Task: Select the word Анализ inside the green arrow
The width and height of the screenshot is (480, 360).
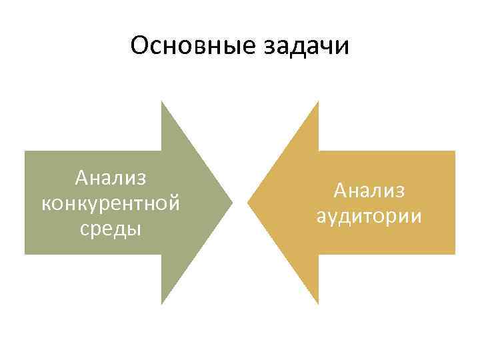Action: [x=111, y=179]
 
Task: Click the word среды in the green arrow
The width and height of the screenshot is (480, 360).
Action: [x=111, y=229]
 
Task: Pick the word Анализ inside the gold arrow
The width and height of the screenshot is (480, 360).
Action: [x=369, y=191]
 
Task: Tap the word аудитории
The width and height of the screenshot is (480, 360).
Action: [x=369, y=217]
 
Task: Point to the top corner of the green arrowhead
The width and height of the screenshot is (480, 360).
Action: [x=162, y=101]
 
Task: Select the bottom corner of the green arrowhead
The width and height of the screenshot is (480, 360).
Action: [x=162, y=304]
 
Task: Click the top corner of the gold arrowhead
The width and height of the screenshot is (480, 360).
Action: [x=319, y=101]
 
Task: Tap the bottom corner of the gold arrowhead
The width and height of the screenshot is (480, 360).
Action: [x=319, y=304]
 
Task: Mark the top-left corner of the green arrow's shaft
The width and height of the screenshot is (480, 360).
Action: [x=25, y=151]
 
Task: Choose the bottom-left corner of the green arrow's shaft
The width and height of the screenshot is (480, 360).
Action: [x=25, y=254]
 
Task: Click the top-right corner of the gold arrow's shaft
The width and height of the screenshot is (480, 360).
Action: [x=455, y=151]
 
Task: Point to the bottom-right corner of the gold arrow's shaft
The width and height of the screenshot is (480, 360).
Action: [x=455, y=254]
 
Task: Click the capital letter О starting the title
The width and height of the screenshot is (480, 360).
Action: [x=140, y=47]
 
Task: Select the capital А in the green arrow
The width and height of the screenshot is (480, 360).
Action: [x=82, y=179]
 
